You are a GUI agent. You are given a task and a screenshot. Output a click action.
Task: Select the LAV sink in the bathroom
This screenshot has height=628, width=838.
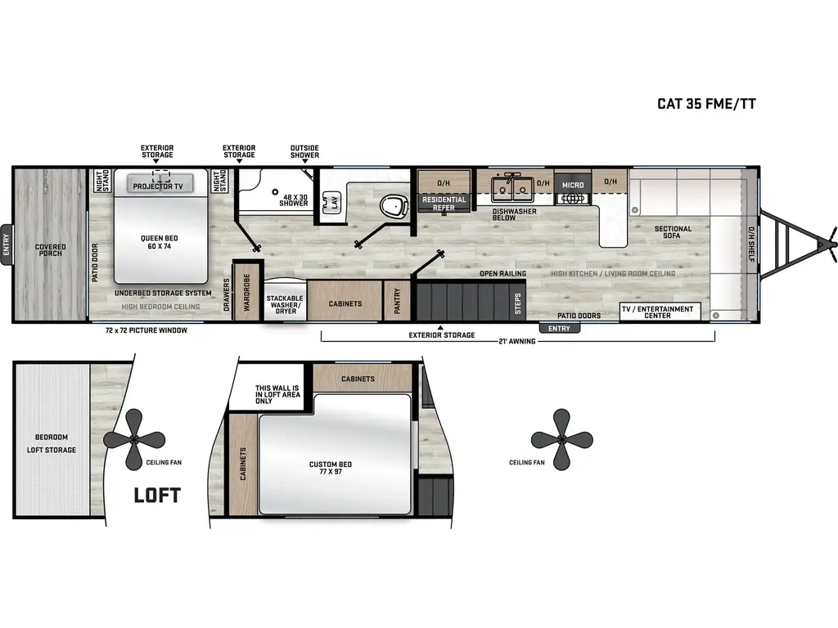[334, 202]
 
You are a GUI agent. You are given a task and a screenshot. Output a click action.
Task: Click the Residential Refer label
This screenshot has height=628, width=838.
[444, 203]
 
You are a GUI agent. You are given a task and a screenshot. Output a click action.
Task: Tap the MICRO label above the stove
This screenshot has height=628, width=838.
[573, 186]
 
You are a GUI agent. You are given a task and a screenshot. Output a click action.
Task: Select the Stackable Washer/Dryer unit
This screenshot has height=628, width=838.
[284, 304]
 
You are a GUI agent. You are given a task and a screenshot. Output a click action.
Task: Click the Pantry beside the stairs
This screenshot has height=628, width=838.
[397, 300]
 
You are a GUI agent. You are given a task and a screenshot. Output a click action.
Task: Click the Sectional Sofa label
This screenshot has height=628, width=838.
[674, 233]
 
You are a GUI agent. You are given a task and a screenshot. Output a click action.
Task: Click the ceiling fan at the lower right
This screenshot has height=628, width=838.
[561, 438]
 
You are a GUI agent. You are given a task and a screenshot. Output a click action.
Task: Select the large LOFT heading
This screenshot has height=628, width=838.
[156, 495]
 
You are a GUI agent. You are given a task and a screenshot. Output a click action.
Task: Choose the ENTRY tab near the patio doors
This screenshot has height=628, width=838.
[559, 329]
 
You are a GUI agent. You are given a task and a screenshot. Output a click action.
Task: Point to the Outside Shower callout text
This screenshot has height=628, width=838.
[304, 151]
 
